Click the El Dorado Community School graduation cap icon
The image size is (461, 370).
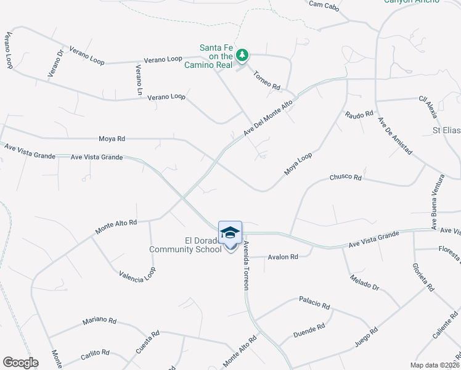point(230,232)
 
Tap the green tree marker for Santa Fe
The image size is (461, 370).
point(243,55)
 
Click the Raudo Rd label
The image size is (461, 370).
point(360,115)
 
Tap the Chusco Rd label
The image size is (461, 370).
point(345,177)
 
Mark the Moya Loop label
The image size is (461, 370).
point(298,164)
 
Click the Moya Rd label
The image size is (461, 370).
point(112,139)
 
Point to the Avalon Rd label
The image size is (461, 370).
point(282,257)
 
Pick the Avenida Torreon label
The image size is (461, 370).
point(246,262)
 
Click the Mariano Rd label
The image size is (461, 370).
point(100,321)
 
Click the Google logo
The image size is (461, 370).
point(20,363)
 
